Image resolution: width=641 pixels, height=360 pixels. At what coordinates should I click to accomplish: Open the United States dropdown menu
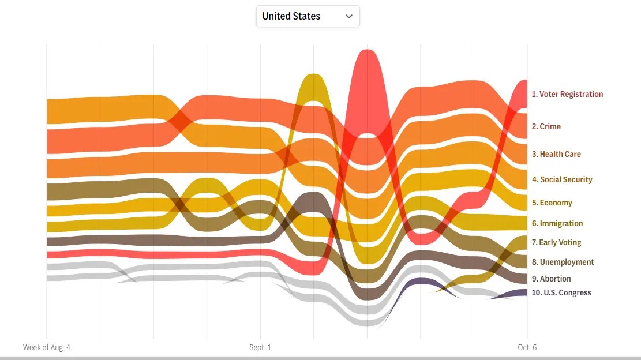coord(308,16)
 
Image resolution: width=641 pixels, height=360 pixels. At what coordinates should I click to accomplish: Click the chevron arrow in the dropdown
coord(348,16)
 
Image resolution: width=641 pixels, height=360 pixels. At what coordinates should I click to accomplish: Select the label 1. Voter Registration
coord(567,94)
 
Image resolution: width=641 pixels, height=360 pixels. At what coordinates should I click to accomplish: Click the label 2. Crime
coord(546,126)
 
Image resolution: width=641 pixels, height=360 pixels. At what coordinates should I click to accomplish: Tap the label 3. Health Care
coord(556,154)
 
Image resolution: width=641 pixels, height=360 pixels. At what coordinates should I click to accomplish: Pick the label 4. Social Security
coord(562,179)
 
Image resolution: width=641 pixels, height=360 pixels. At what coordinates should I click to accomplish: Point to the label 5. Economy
coord(552,202)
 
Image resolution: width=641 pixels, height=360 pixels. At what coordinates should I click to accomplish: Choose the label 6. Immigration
coord(557,223)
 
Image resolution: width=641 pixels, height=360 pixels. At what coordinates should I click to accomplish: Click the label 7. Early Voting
coord(556,242)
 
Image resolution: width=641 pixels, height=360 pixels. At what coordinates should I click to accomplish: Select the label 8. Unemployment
coord(563,262)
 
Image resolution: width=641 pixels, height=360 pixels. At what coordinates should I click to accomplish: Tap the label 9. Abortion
coord(551,279)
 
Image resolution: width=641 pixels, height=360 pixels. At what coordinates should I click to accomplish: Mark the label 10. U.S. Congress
coord(561,292)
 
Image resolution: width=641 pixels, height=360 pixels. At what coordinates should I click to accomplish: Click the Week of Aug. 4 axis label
coord(46,347)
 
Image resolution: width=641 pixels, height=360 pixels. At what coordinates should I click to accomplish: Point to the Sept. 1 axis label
coord(260,347)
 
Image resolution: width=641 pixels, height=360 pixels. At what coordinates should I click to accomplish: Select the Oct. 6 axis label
coord(527,347)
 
